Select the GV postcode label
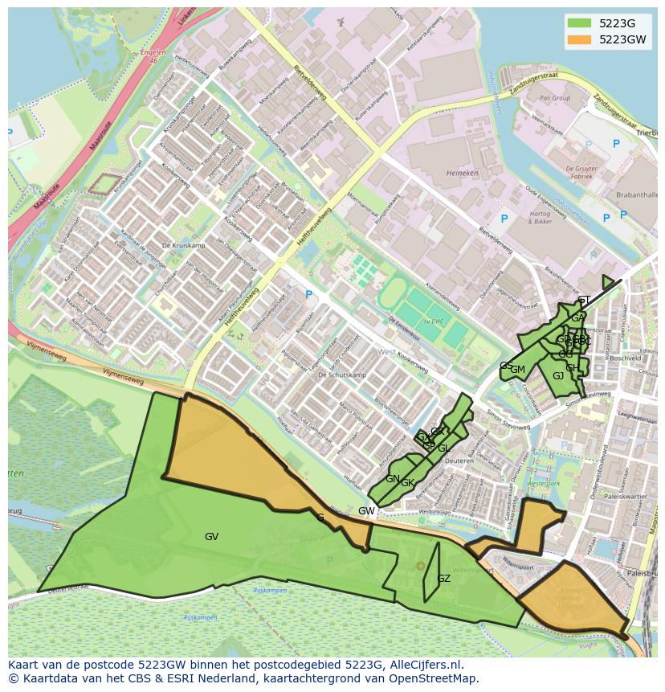211,537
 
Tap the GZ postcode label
443,579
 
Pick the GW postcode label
366,511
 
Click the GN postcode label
392,479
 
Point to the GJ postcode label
558,376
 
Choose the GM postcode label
518,370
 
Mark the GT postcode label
584,301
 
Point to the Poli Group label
554,98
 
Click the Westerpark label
543,484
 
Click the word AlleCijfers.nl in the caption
422,665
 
